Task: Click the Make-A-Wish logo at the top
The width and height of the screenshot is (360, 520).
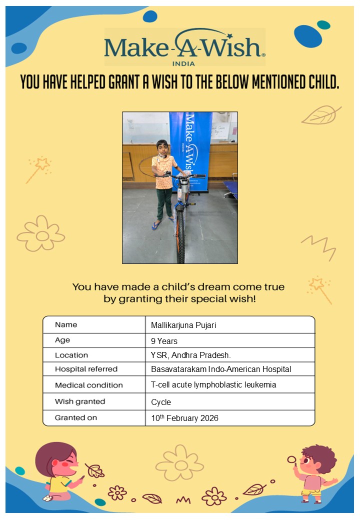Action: pos(184,46)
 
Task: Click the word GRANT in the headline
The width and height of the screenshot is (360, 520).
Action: pos(130,82)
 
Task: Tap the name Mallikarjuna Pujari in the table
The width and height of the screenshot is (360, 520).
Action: pos(183,325)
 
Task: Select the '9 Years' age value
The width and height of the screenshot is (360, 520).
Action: pos(164,341)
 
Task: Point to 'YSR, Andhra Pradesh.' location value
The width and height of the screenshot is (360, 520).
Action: pos(187,355)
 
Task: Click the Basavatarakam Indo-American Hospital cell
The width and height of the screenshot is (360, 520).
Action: pos(221,369)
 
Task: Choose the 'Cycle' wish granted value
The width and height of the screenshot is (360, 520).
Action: pos(161,402)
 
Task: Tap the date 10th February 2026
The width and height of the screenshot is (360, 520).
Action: pos(184,418)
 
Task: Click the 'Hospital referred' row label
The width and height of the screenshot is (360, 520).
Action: pos(86,369)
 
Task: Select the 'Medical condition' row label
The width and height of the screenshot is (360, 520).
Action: pos(88,385)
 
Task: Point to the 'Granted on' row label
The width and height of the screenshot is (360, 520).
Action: pos(76,417)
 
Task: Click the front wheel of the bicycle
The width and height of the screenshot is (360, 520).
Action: pos(180,235)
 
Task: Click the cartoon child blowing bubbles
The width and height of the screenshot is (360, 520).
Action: pos(316,472)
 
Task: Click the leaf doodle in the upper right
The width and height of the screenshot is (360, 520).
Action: pos(321,115)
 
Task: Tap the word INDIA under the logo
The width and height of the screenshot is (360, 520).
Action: pos(184,63)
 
